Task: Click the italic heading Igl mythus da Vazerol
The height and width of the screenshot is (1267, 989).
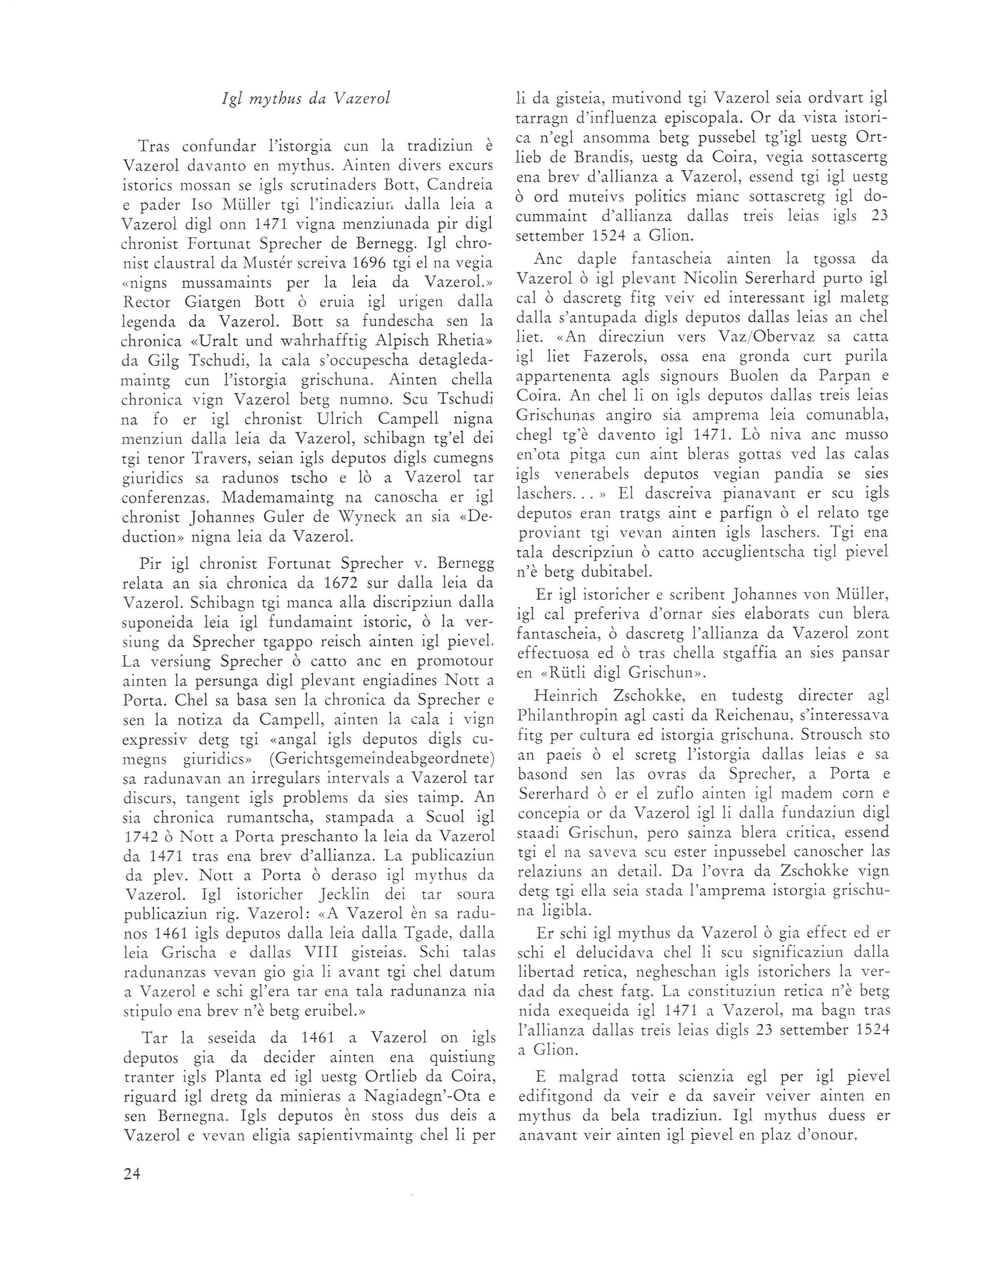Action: click(x=306, y=99)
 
